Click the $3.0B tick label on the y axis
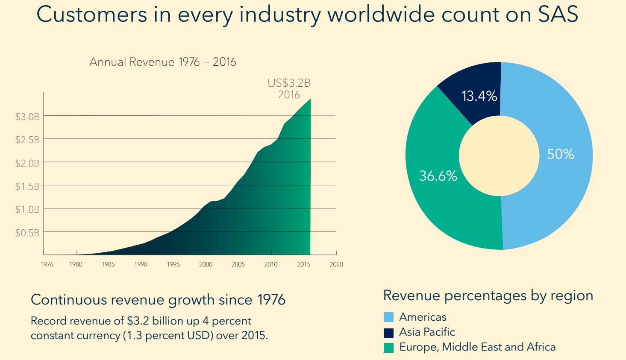click(x=27, y=117)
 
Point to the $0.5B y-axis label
click(x=27, y=233)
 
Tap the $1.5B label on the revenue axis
click(x=27, y=186)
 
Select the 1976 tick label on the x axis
click(x=47, y=264)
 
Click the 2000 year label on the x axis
click(x=206, y=264)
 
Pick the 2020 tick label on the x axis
click(x=336, y=264)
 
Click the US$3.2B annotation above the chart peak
click(x=289, y=83)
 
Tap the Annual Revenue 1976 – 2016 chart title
click(x=163, y=62)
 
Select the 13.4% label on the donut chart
click(x=479, y=96)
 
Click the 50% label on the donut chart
click(x=561, y=154)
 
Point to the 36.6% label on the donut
click(x=438, y=176)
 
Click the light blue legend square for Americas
click(x=388, y=317)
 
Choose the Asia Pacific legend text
click(x=427, y=332)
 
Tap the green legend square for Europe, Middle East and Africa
click(x=388, y=348)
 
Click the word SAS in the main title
click(x=558, y=15)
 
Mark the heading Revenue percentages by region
click(x=488, y=296)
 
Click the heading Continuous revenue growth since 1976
click(x=158, y=300)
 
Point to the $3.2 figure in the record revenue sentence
click(x=138, y=321)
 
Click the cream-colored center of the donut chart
click(x=499, y=156)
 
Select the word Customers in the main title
click(x=91, y=15)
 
